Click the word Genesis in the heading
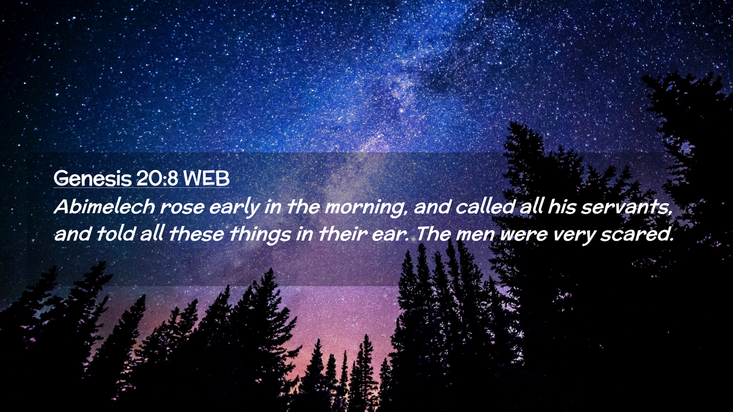click(92, 179)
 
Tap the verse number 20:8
click(157, 178)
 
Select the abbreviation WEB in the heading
click(206, 178)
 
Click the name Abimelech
click(105, 206)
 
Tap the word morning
click(366, 208)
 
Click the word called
click(485, 206)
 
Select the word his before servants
click(562, 206)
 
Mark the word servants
click(626, 207)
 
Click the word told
click(116, 233)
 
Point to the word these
click(197, 233)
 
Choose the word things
click(260, 235)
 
